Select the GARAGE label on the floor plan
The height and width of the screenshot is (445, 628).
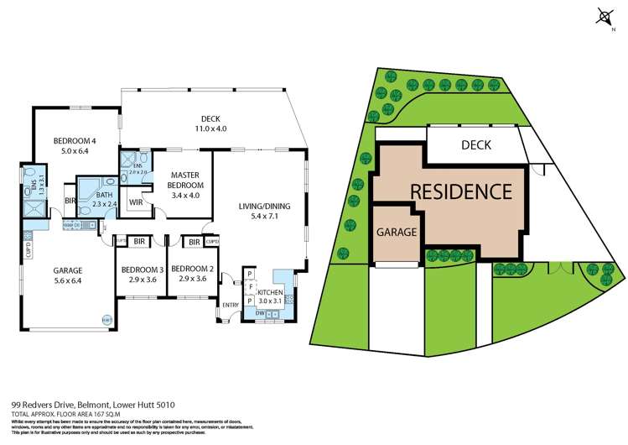pyautogui.click(x=67, y=270)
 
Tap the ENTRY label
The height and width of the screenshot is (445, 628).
pyautogui.click(x=230, y=304)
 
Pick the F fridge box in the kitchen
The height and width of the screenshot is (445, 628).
pyautogui.click(x=250, y=286)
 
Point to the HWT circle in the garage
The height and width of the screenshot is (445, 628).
pyautogui.click(x=106, y=319)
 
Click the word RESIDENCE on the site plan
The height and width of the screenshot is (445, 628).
pyautogui.click(x=460, y=191)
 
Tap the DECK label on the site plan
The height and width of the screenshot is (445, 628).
pyautogui.click(x=475, y=145)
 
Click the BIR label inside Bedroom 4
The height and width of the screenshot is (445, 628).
pyautogui.click(x=71, y=202)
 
